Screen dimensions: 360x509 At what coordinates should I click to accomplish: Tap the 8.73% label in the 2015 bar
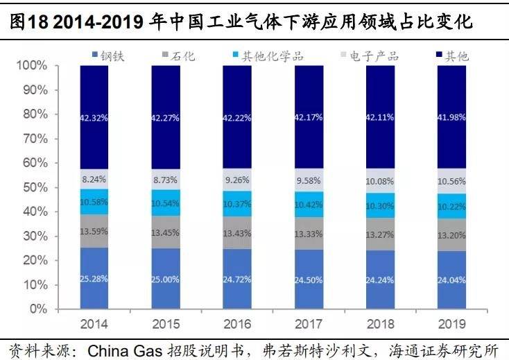[x=166, y=179]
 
